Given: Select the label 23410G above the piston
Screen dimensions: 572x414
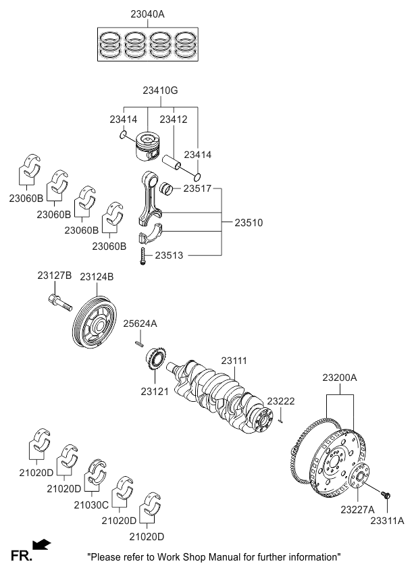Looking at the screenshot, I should (160, 90).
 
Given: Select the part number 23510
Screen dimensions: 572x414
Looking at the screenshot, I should (249, 222).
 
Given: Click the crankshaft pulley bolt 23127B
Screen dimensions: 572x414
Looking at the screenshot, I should (59, 301).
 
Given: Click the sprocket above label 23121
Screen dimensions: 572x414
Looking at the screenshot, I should (155, 358).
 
